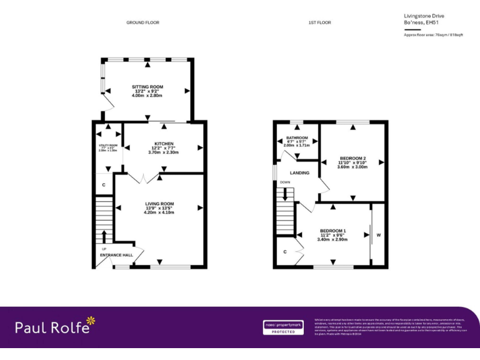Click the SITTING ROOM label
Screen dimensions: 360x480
click(147, 86)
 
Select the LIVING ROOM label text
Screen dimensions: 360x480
click(159, 204)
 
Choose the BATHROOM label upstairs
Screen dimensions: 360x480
click(297, 137)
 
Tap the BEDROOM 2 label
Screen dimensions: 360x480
click(353, 157)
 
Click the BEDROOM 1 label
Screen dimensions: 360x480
click(332, 231)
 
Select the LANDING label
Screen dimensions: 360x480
click(299, 172)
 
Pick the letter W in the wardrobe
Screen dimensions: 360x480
click(378, 236)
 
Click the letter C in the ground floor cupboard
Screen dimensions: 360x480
click(104, 185)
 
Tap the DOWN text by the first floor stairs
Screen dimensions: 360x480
click(285, 182)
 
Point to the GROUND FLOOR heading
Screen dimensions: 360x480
click(142, 22)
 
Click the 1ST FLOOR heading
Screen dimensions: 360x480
click(319, 22)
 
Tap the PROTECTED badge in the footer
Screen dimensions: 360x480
click(283, 332)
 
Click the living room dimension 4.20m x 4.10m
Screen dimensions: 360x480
click(159, 212)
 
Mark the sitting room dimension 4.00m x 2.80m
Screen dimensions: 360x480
click(147, 96)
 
